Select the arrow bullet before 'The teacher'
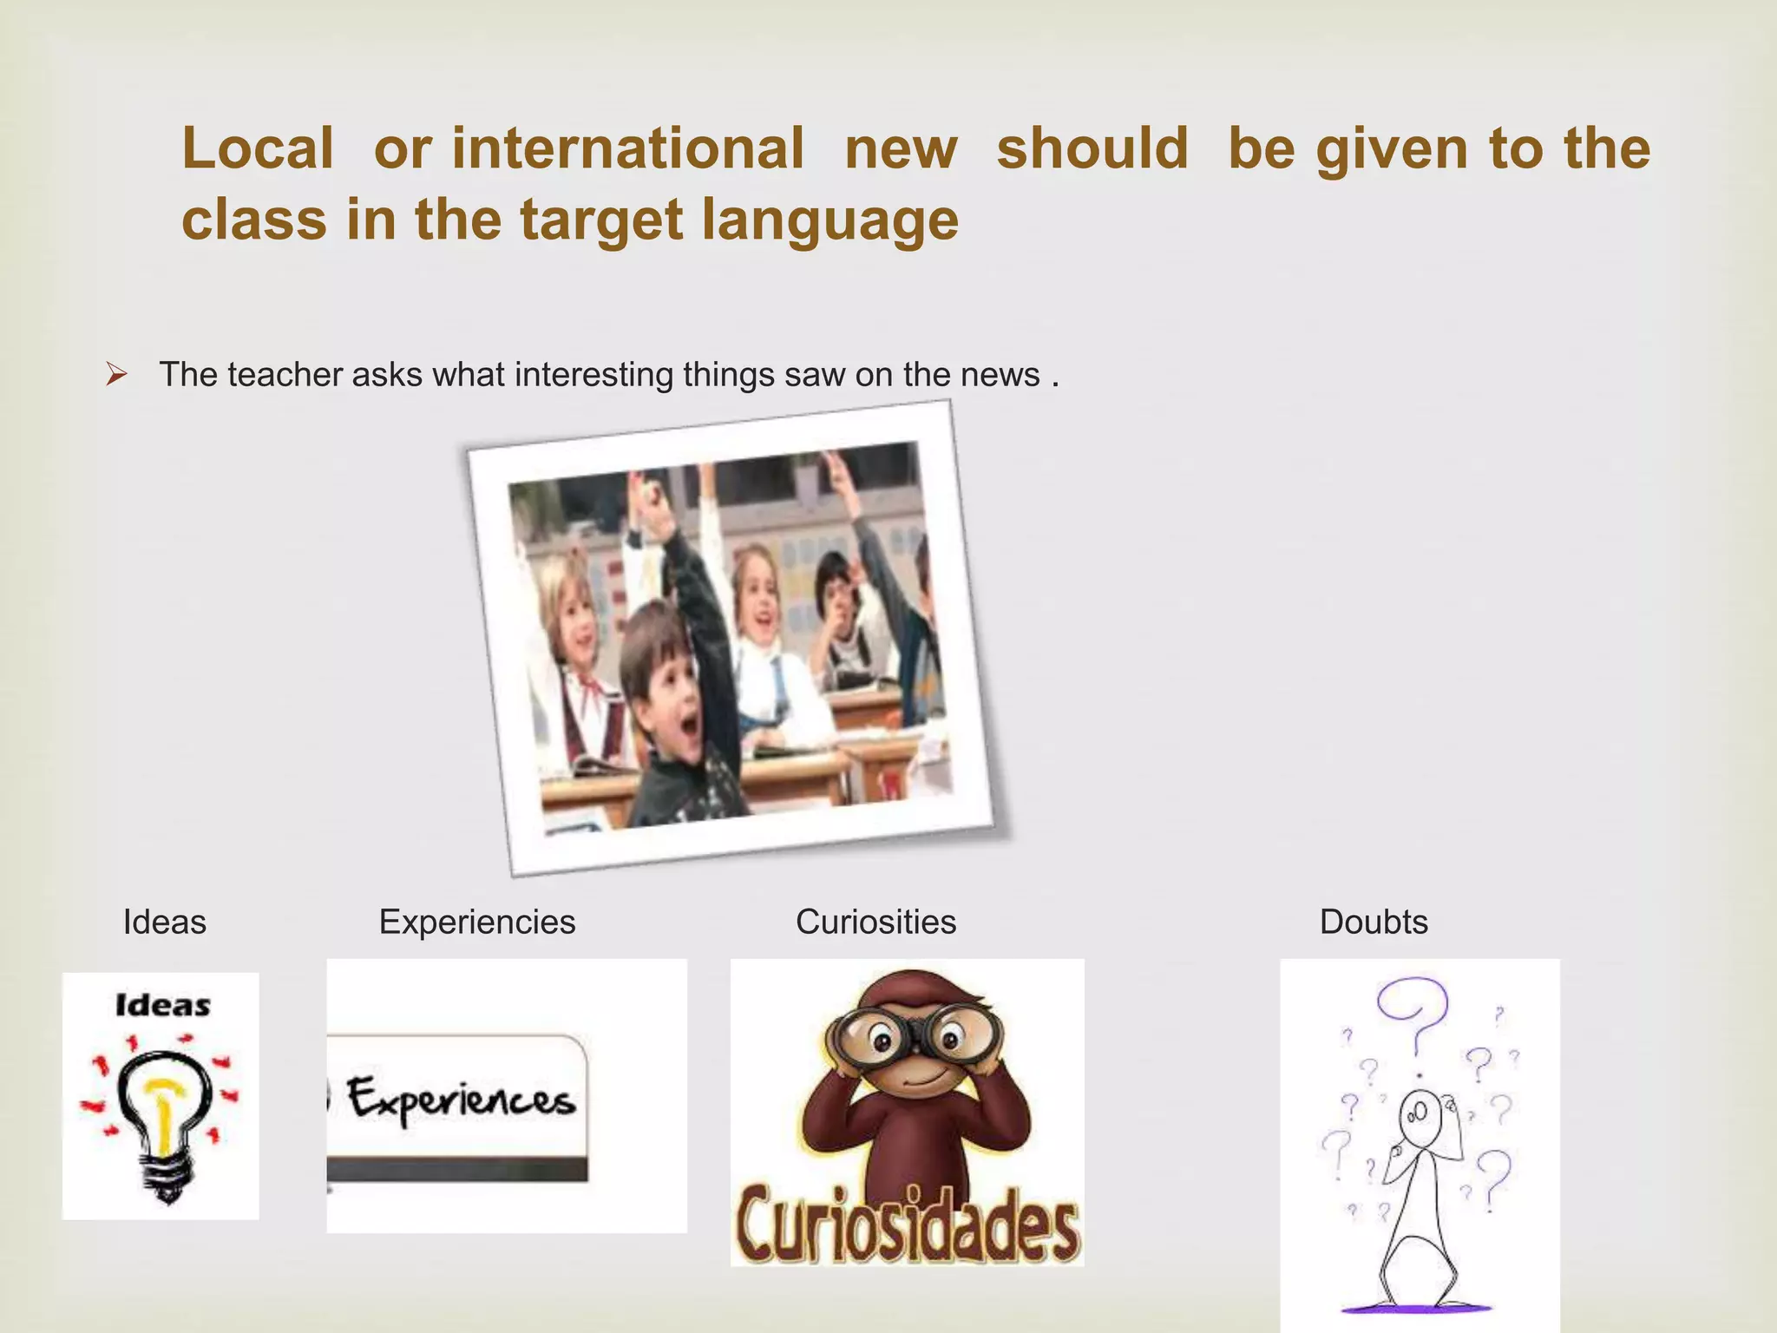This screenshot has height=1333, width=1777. pos(116,375)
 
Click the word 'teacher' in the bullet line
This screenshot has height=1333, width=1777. pos(285,375)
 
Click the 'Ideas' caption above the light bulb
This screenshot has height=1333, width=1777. pos(165,922)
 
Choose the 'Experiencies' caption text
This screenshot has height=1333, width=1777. pos(477,922)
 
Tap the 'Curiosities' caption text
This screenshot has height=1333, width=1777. pos(875,922)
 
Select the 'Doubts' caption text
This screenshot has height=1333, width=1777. pos(1374,922)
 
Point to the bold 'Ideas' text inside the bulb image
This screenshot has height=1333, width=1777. pos(162,1006)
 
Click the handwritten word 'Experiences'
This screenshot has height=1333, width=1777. pos(461,1100)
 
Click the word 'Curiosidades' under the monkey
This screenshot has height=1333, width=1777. pos(908,1224)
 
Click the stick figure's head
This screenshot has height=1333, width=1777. pos(1420,1115)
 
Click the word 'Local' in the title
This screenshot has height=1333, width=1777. pos(257,148)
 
